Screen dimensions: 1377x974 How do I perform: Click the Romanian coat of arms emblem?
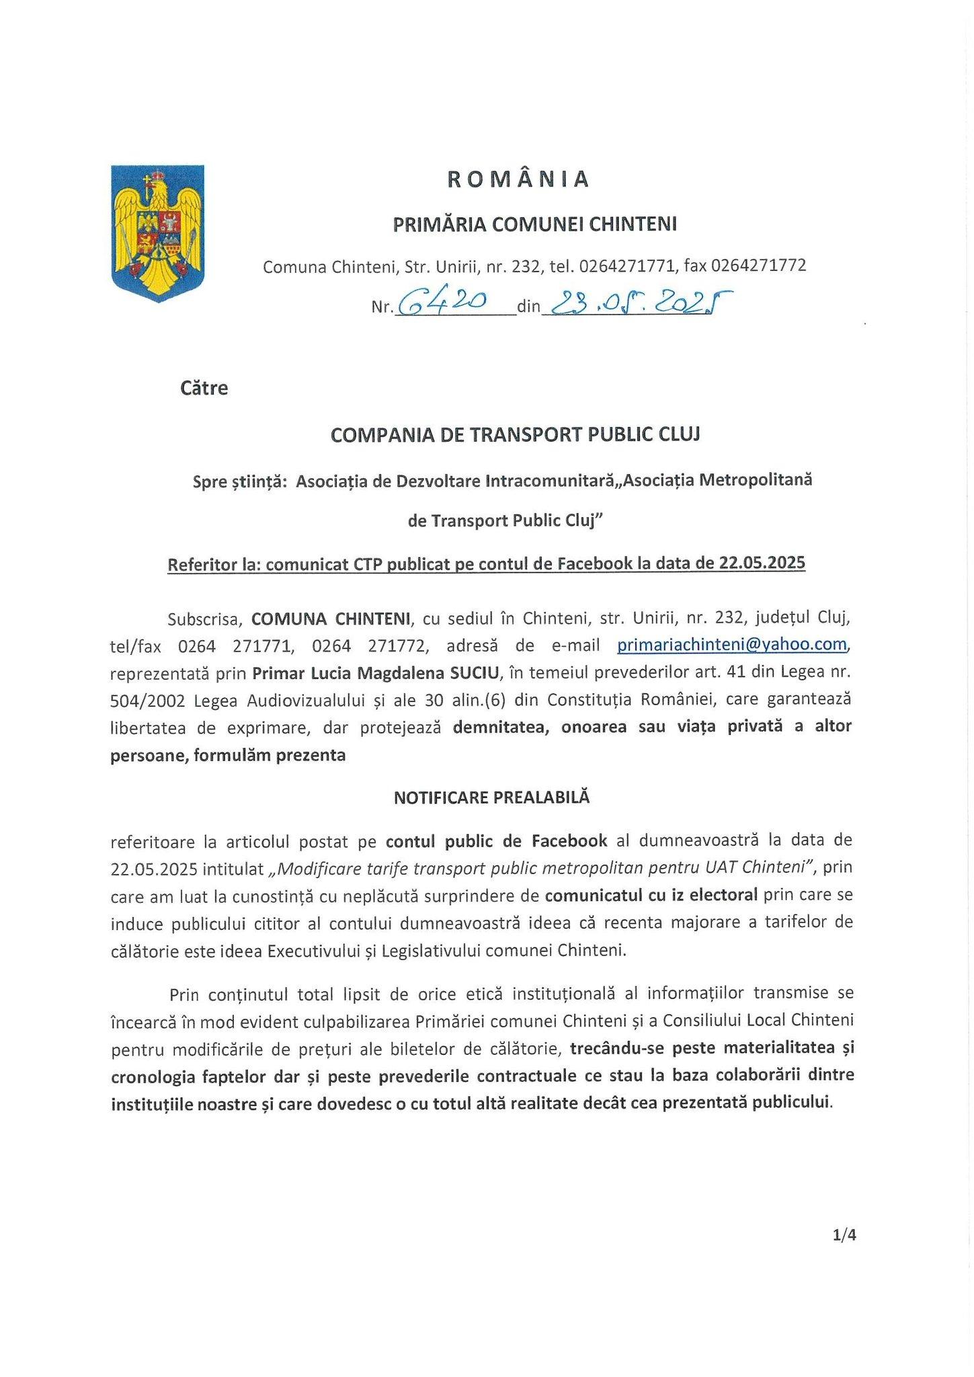158,233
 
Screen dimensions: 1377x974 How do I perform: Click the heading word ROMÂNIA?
518,180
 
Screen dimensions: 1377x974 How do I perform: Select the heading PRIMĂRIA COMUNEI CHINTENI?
534,224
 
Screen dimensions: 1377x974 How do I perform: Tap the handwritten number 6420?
442,305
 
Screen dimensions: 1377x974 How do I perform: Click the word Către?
204,389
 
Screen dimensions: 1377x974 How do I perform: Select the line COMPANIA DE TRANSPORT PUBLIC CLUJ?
515,435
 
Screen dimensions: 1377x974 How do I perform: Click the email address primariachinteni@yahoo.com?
732,645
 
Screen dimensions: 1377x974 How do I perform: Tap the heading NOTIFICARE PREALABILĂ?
491,797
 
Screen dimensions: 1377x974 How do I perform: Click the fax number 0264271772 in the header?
758,266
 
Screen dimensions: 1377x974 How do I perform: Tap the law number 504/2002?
147,700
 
